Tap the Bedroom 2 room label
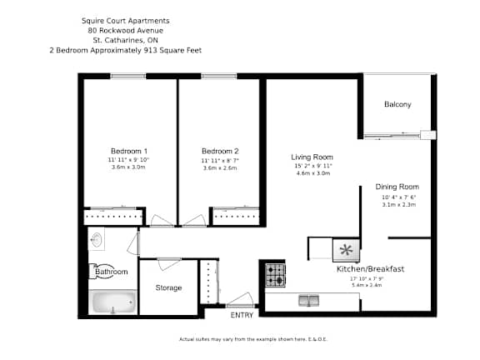[220, 151]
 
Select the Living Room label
[312, 157]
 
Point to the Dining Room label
[397, 187]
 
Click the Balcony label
[397, 104]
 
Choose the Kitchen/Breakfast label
[370, 269]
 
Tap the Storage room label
[168, 288]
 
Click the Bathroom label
[112, 272]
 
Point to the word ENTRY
[242, 315]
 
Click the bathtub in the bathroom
[112, 302]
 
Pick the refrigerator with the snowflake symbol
[345, 249]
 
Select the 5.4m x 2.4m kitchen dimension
[367, 285]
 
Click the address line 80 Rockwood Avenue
[125, 30]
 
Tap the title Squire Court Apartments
[125, 20]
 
